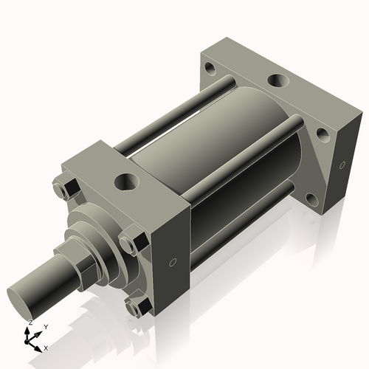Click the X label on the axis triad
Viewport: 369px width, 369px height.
click(x=46, y=347)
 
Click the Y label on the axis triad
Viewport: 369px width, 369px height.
click(x=45, y=326)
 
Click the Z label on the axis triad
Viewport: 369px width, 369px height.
click(x=30, y=323)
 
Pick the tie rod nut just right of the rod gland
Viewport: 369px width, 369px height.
click(x=132, y=243)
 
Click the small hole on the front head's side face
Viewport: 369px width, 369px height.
click(x=173, y=262)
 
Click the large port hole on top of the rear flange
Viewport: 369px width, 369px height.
click(x=279, y=81)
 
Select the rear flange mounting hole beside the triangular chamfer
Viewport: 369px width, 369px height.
click(x=322, y=135)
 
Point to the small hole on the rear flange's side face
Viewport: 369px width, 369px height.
click(x=342, y=164)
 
